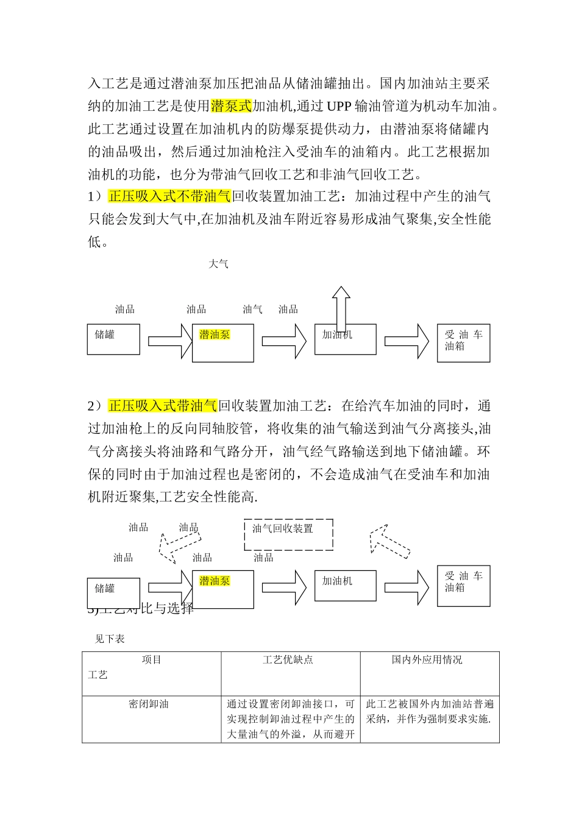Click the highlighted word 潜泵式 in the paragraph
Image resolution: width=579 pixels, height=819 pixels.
click(231, 106)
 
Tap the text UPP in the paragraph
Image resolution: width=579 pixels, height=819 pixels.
click(339, 106)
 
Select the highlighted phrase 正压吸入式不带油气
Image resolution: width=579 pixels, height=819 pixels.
click(169, 196)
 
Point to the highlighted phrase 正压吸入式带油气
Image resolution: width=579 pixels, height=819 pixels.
click(163, 406)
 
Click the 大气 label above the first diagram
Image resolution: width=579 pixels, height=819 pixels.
click(218, 264)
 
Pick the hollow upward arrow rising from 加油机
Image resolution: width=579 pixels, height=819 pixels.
click(341, 308)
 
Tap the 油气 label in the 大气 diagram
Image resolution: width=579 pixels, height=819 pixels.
click(252, 310)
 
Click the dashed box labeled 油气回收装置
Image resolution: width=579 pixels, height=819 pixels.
click(288, 534)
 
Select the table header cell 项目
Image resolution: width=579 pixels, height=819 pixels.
click(152, 660)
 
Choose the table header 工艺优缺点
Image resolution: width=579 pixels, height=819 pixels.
click(288, 660)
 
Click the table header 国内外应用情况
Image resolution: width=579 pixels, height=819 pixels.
click(427, 660)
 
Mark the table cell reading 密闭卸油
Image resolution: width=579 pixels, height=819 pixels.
click(149, 704)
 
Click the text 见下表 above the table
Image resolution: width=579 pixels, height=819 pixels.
click(110, 639)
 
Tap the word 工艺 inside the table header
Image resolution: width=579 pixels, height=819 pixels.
click(98, 675)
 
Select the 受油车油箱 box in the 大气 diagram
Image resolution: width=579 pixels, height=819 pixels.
click(463, 343)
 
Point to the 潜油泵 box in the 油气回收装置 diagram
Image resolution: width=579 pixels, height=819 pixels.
click(223, 589)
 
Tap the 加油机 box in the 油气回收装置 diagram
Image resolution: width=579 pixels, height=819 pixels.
click(345, 586)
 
